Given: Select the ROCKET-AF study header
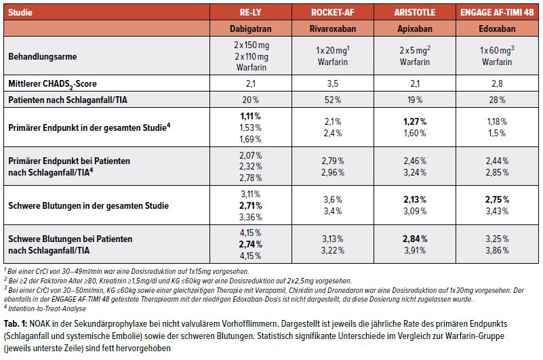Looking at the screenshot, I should pyautogui.click(x=329, y=11).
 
